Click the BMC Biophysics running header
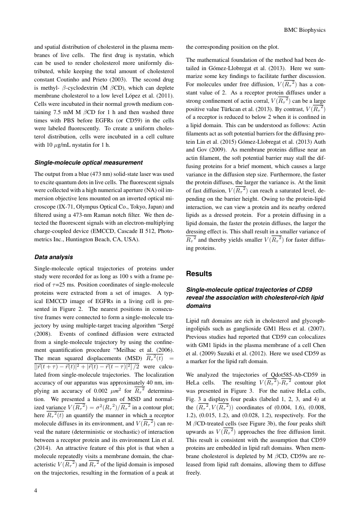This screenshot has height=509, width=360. point(305,30)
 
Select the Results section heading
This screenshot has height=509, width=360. point(199,274)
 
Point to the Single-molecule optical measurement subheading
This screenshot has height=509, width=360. point(88,162)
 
